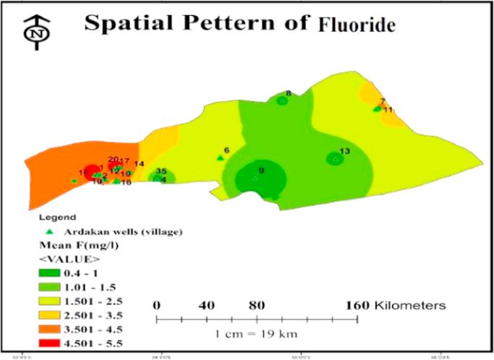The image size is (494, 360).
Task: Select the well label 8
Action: (x=288, y=93)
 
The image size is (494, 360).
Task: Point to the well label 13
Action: (x=344, y=151)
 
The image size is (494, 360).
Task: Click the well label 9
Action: (x=261, y=170)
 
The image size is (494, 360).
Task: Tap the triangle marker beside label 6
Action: (x=219, y=158)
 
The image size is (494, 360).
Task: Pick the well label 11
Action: (x=388, y=110)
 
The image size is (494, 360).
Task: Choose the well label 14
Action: (x=140, y=164)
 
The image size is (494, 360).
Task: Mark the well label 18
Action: (x=127, y=183)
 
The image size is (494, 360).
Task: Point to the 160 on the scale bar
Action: (x=359, y=304)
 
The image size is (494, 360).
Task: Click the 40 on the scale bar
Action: (x=206, y=304)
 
